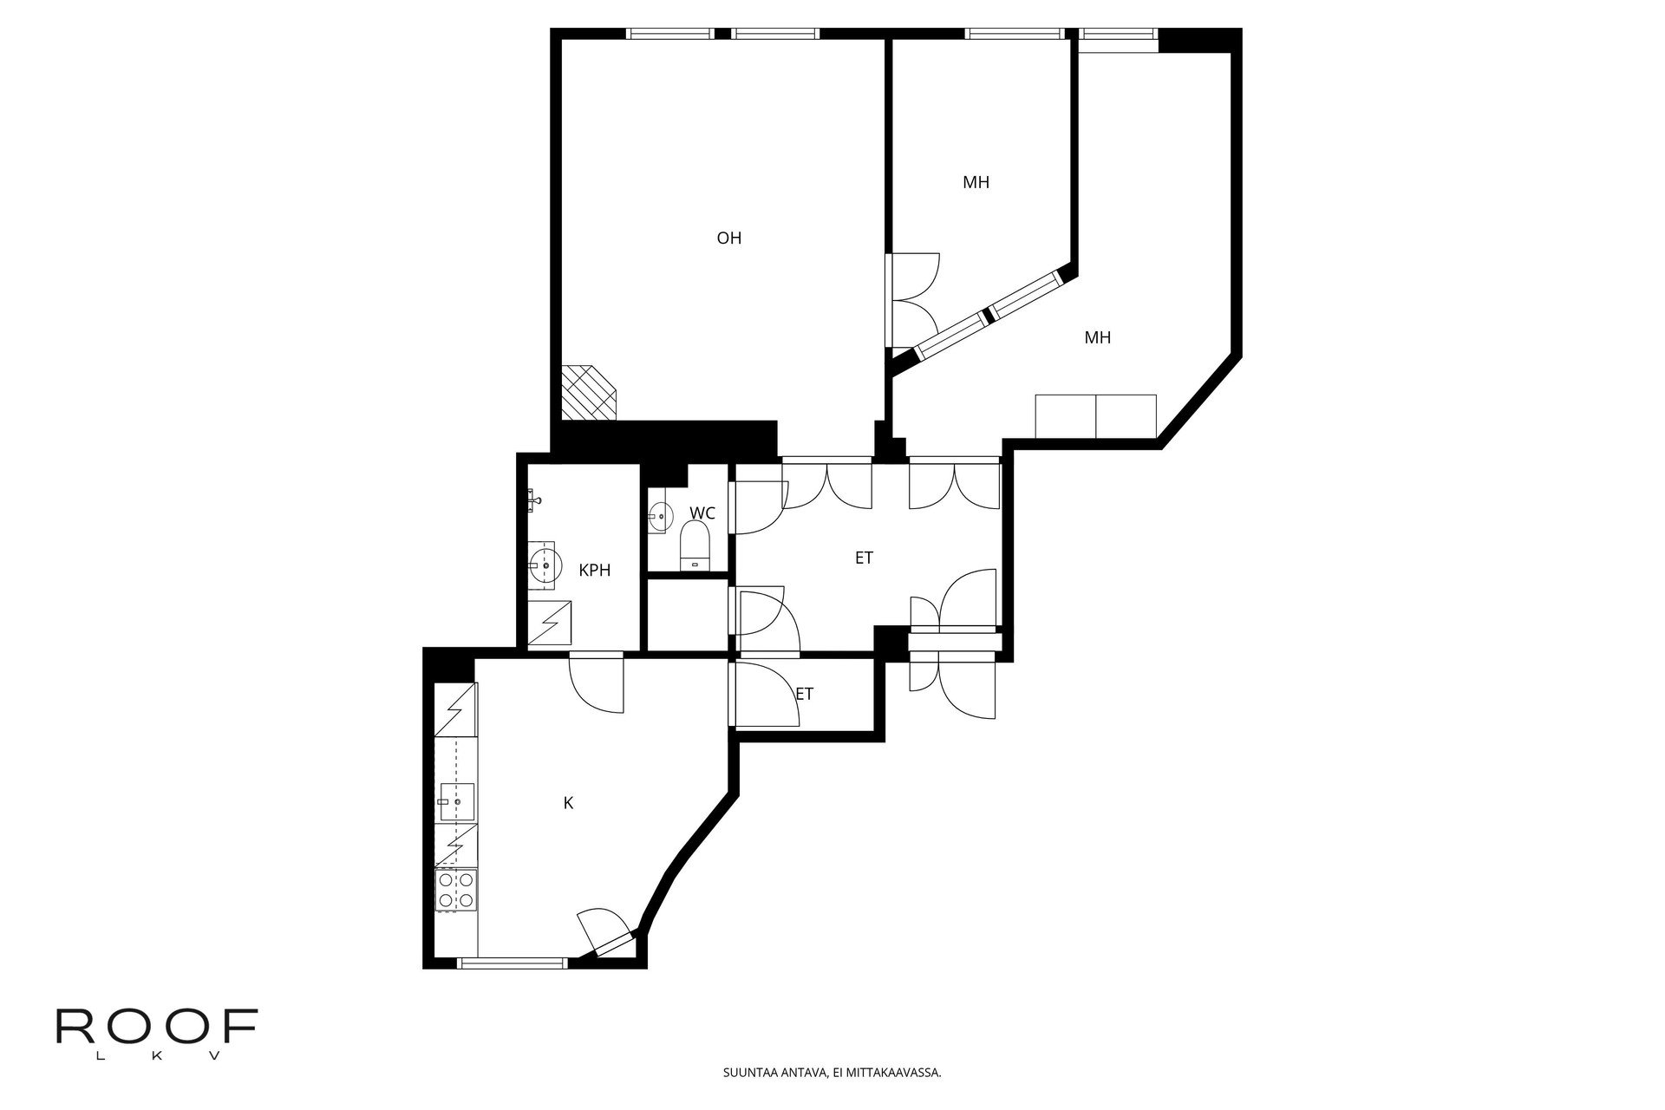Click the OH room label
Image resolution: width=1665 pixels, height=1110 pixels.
[728, 238]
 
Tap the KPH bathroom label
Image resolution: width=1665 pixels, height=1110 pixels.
[595, 571]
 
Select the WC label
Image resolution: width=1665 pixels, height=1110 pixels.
[702, 513]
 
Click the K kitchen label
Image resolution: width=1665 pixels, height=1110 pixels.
[568, 803]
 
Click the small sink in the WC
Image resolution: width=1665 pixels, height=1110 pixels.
[659, 517]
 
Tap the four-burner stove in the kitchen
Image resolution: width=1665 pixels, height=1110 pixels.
[456, 891]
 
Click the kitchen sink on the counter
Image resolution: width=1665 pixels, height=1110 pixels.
[456, 802]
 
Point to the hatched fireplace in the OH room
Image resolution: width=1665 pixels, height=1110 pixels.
[588, 392]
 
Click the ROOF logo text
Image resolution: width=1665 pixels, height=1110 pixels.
[156, 1028]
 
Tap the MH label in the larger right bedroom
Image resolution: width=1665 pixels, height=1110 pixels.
[1097, 337]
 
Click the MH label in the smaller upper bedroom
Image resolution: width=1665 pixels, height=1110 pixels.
[976, 182]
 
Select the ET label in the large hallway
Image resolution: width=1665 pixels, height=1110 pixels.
[864, 558]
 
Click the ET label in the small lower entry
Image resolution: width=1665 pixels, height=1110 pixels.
[805, 694]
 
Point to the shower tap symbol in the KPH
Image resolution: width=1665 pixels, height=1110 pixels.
[533, 499]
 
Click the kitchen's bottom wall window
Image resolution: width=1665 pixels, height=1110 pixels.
[512, 963]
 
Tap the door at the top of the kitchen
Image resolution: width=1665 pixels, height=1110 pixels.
[597, 685]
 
